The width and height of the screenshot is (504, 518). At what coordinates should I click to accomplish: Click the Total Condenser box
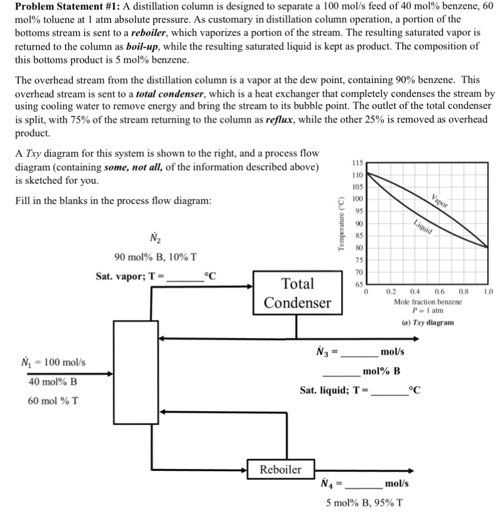(x=297, y=292)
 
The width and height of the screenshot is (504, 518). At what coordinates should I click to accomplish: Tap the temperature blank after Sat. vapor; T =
(x=184, y=276)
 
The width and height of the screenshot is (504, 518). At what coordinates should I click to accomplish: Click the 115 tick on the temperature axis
(x=357, y=163)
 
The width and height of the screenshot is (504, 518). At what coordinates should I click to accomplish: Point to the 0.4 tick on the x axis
(x=414, y=292)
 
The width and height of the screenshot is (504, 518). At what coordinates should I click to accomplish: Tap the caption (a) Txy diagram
(x=427, y=322)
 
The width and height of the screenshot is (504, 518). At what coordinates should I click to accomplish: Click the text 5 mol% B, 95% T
(x=364, y=502)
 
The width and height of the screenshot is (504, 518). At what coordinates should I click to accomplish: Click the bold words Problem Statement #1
(x=61, y=7)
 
